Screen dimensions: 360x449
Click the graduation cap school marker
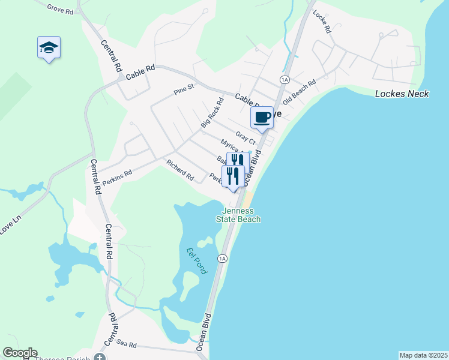(x=49, y=48)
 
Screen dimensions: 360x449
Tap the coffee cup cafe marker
(x=262, y=118)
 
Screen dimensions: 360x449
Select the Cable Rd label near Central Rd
(x=140, y=70)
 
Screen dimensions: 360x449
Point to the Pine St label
(x=184, y=90)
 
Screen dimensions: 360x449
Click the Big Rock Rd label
(x=212, y=112)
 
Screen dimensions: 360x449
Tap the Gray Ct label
(x=246, y=138)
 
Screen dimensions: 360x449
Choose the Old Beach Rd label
(x=299, y=91)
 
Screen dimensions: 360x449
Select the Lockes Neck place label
(x=402, y=94)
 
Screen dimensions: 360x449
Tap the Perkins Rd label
(x=116, y=176)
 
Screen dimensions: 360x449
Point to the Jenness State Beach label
(x=241, y=215)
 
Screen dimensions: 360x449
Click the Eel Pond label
(x=196, y=261)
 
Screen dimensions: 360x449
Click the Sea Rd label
(x=127, y=345)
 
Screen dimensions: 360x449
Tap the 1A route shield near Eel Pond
(x=223, y=259)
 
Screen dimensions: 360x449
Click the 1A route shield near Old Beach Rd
(x=285, y=79)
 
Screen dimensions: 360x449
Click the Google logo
(x=20, y=353)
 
